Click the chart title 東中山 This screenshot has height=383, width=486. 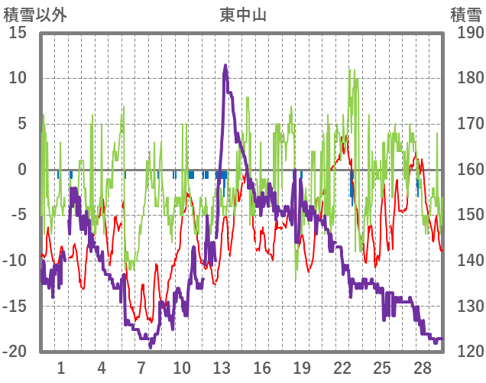pyautogui.click(x=243, y=15)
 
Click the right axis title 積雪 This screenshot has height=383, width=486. pyautogui.click(x=465, y=15)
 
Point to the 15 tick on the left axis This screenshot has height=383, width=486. pyautogui.click(x=18, y=33)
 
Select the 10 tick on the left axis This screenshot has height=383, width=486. pyautogui.click(x=18, y=78)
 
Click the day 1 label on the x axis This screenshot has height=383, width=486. pyautogui.click(x=61, y=368)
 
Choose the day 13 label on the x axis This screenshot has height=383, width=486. pyautogui.click(x=222, y=368)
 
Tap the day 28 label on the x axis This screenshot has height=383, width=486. pyautogui.click(x=423, y=368)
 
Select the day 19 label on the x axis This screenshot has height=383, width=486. pyautogui.click(x=302, y=368)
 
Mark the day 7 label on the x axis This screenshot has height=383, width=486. pyautogui.click(x=141, y=368)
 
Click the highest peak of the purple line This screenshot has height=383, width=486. pyautogui.click(x=225, y=66)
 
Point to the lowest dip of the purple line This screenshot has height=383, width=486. pyautogui.click(x=151, y=346)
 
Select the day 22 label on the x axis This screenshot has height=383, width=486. pyautogui.click(x=342, y=368)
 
